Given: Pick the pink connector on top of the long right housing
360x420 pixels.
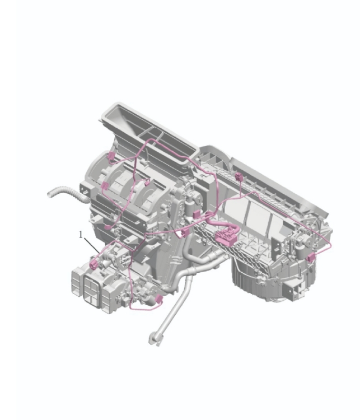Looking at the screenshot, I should (239, 178).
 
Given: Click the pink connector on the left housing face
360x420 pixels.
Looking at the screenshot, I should (105, 186).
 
